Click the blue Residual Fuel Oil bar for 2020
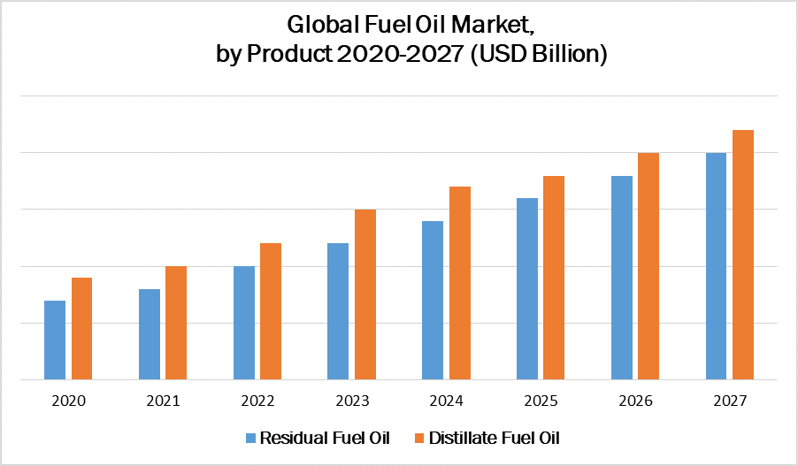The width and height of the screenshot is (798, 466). (55, 340)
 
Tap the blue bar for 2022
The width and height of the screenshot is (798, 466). (244, 323)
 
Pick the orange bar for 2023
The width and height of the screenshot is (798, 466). (364, 294)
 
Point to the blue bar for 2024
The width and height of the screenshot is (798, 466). (433, 301)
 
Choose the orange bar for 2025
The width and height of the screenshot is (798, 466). (554, 278)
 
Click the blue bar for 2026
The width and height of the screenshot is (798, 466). (622, 278)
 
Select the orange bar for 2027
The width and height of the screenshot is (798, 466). (743, 255)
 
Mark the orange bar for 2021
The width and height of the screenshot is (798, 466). (176, 323)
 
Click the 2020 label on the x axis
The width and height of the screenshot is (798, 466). (68, 401)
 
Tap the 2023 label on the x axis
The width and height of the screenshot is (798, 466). (352, 401)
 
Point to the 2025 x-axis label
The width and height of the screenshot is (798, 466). (541, 401)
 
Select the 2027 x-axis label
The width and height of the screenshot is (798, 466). (730, 401)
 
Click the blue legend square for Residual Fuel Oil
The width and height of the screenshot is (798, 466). (251, 438)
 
